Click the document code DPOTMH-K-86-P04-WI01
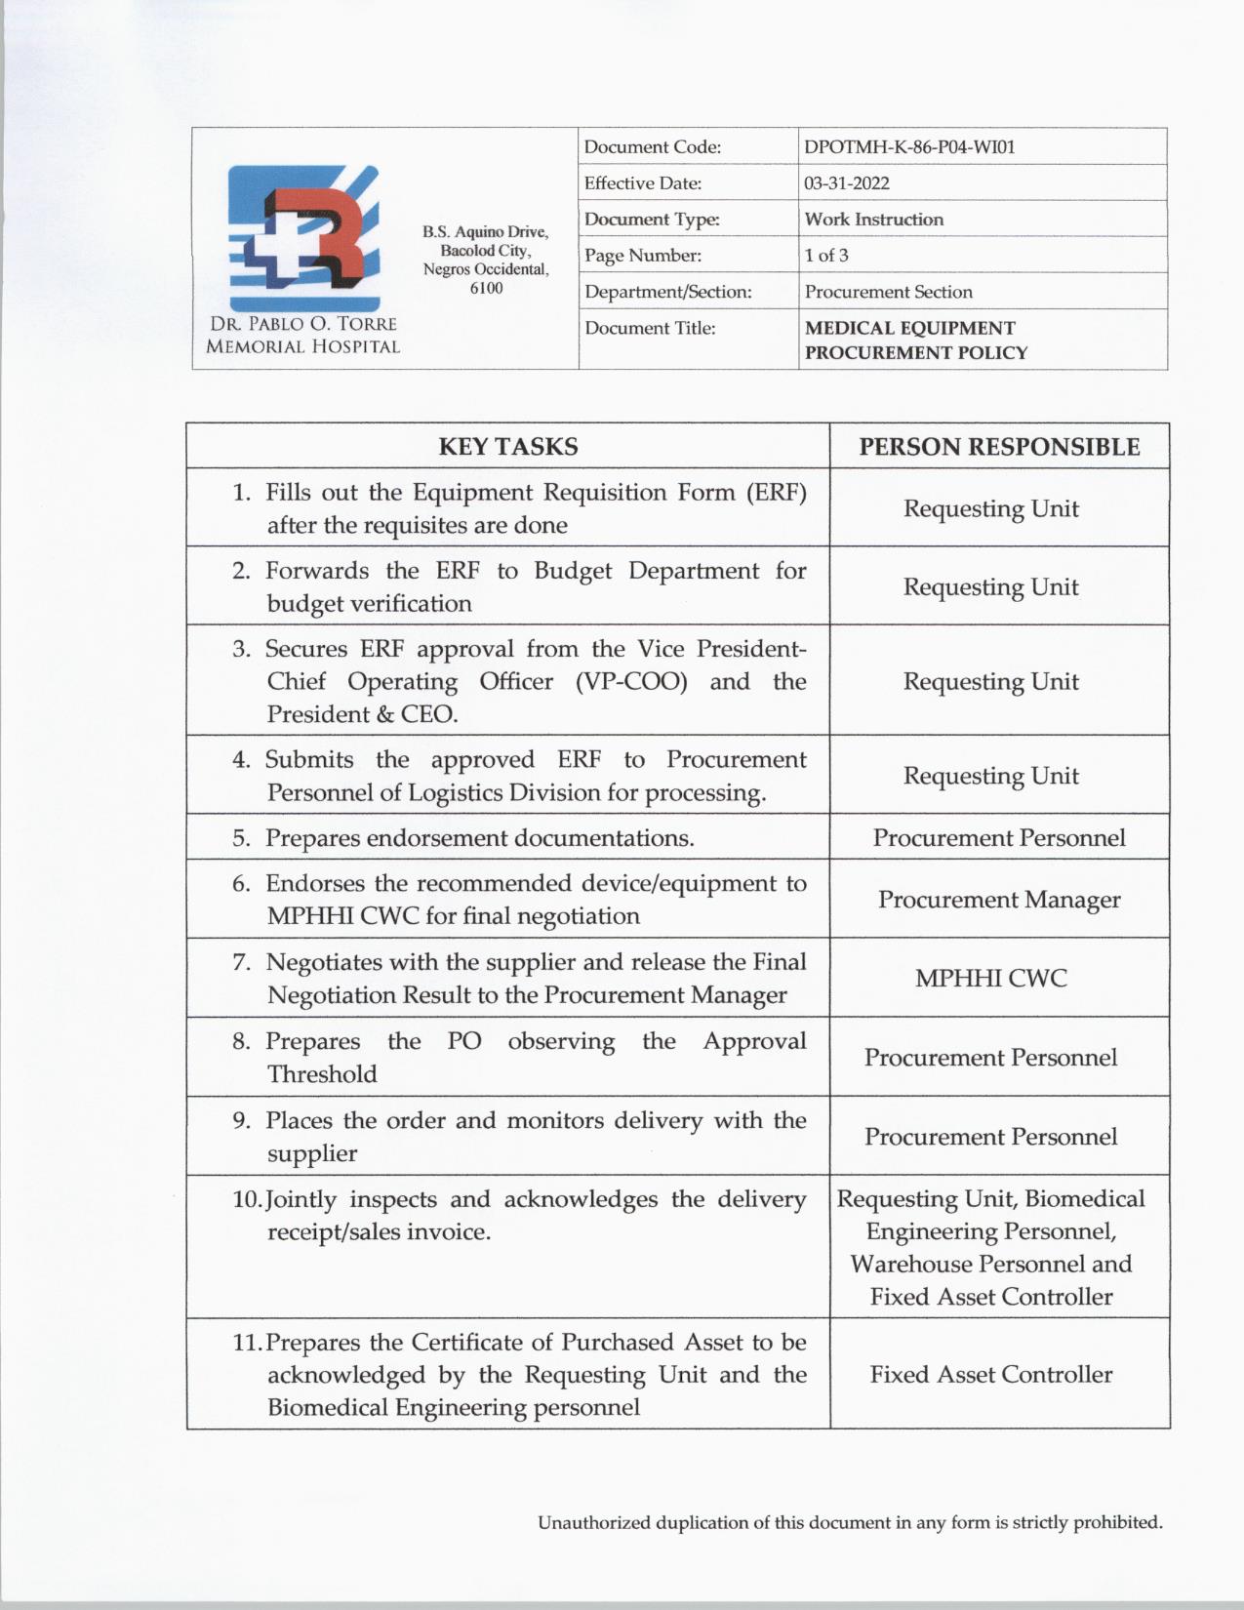pos(909,147)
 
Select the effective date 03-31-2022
pos(846,183)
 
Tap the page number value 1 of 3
pos(825,256)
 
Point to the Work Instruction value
pos(873,220)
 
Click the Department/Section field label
pos(667,292)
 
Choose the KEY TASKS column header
pos(507,447)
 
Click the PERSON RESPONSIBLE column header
pos(999,447)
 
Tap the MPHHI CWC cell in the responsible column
pos(990,979)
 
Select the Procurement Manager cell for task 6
pos(999,900)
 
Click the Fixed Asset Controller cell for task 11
pos(990,1375)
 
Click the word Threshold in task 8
pos(322,1074)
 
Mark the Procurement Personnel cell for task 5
pos(999,838)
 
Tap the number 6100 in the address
pos(486,289)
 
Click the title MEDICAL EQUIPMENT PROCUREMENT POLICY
pos(915,341)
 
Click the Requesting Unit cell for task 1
pos(990,509)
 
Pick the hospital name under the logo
pos(302,336)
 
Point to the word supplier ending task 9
pos(312,1153)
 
